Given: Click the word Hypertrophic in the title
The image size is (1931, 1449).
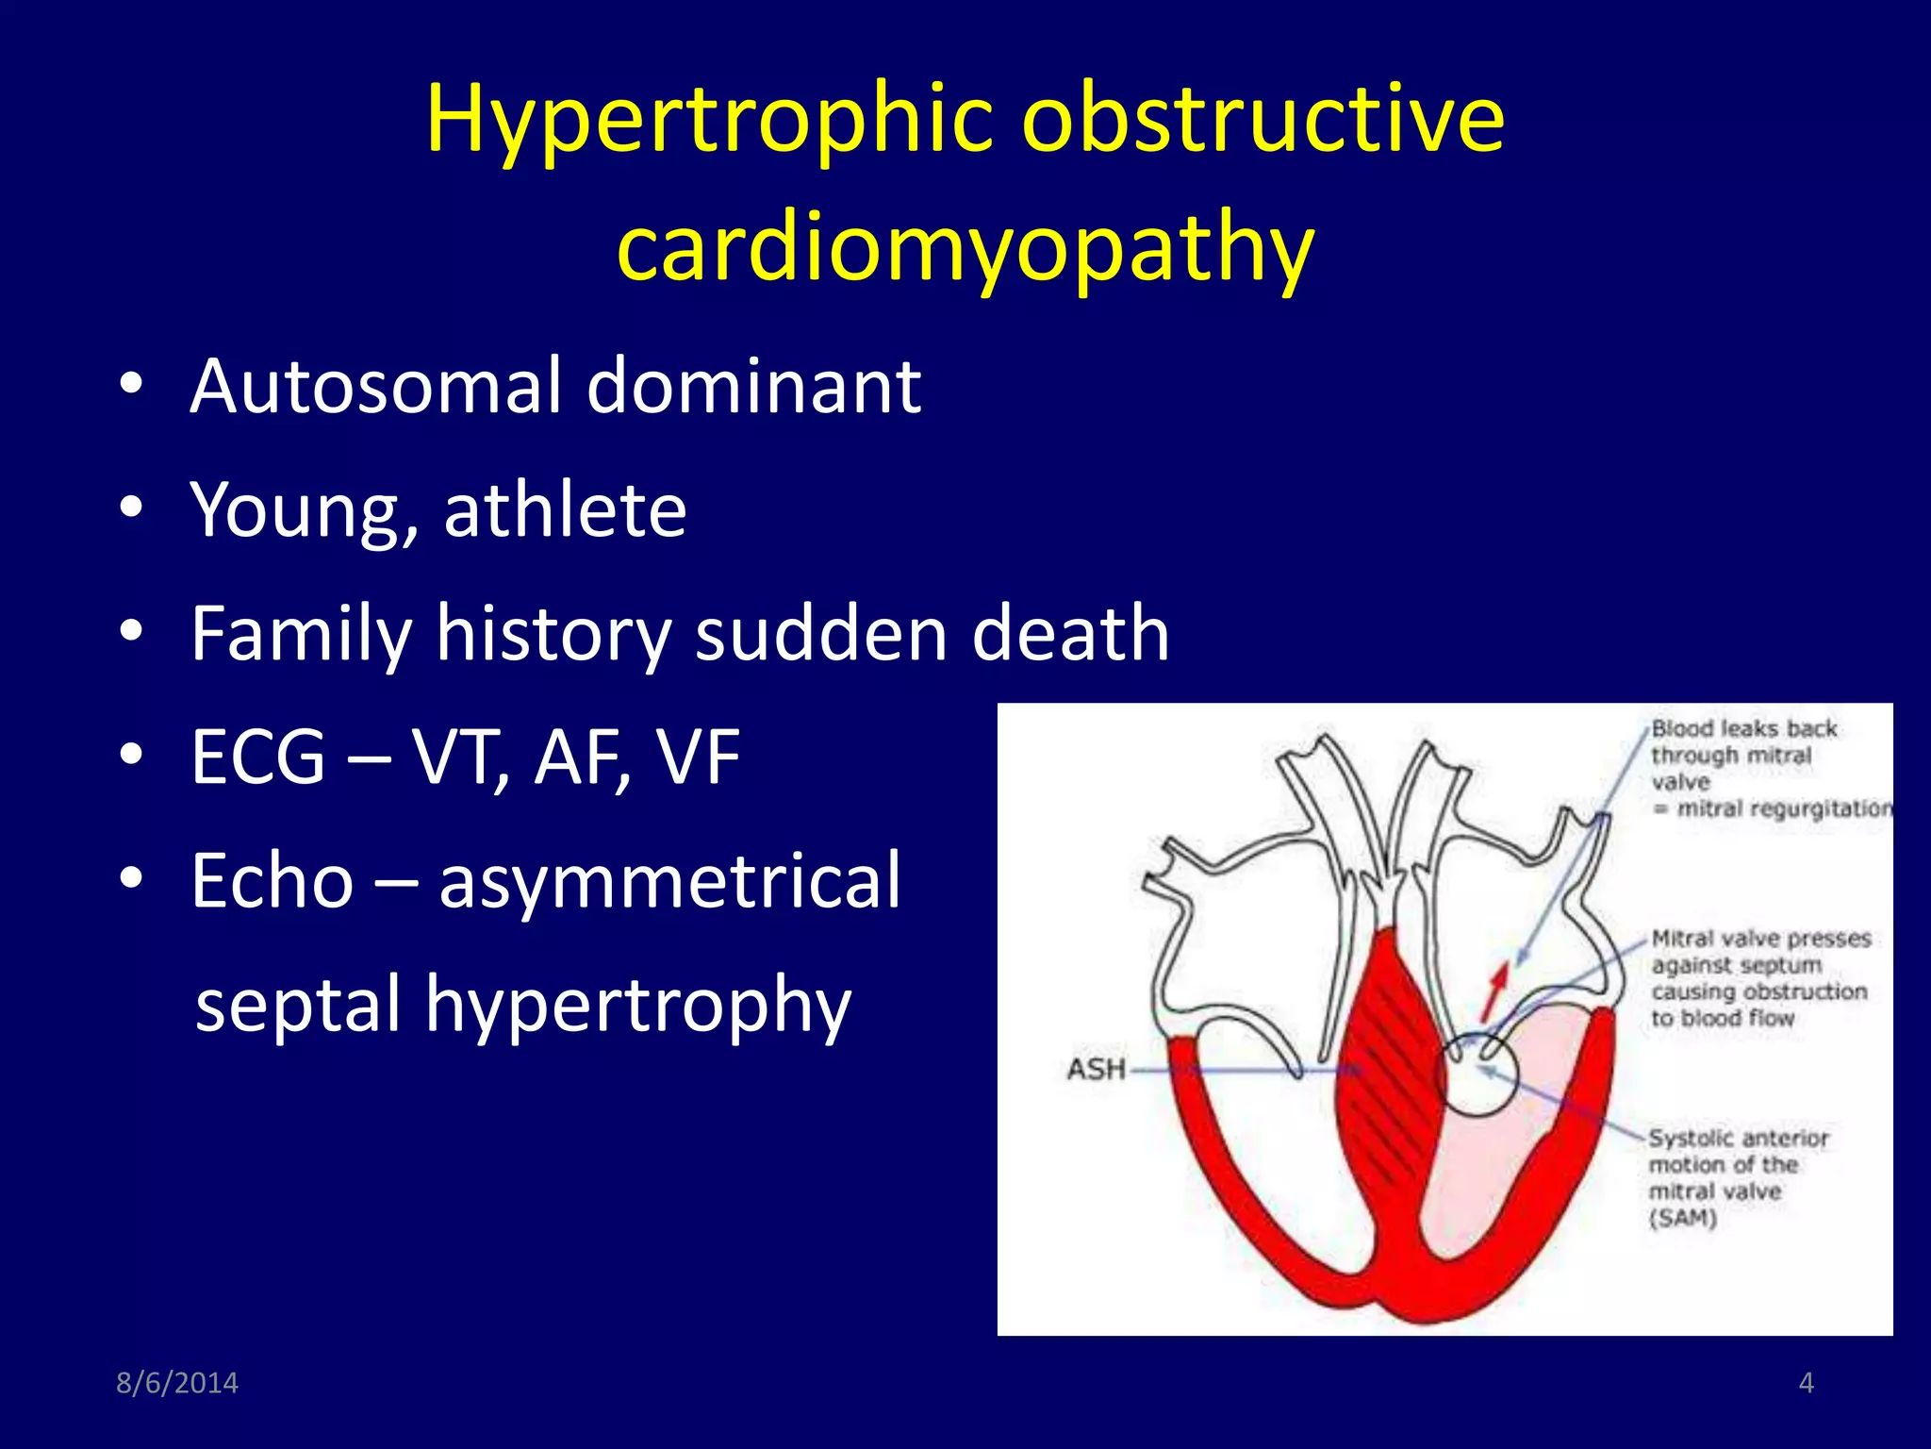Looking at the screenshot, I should pos(710,120).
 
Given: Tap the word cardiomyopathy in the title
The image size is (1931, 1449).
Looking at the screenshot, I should pos(965,247).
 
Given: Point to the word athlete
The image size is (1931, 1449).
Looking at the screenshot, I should pos(565,509).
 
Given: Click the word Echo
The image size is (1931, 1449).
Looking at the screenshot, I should pos(272,880).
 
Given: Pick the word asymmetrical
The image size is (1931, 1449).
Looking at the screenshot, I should pos(670,880).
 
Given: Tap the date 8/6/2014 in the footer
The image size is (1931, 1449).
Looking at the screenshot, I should pos(177,1383).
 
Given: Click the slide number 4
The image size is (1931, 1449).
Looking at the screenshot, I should pos(1806,1383).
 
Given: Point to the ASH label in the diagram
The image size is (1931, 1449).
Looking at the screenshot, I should pos(1096,1070).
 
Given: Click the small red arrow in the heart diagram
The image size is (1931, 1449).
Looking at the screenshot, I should pos(1494,992).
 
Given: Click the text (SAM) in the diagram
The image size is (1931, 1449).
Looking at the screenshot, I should pos(1682,1218).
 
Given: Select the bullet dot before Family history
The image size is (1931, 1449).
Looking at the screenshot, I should pos(131,630).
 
